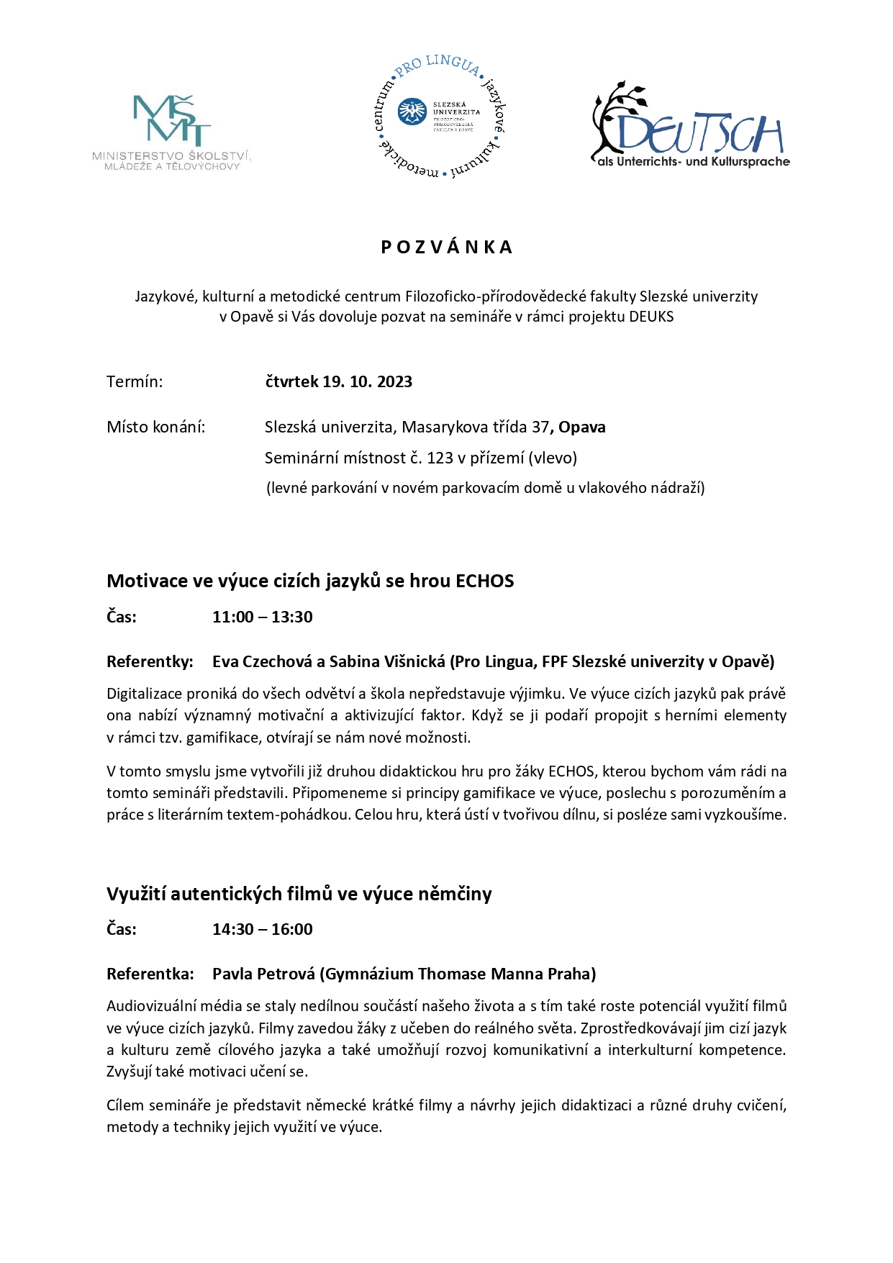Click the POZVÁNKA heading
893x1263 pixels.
pyautogui.click(x=446, y=248)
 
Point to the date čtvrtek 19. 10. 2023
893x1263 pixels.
pyautogui.click(x=338, y=382)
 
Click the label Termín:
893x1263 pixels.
pyautogui.click(x=135, y=382)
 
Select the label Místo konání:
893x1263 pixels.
pyautogui.click(x=155, y=427)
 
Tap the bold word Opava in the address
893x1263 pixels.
pyautogui.click(x=582, y=427)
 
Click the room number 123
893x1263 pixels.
pyautogui.click(x=440, y=458)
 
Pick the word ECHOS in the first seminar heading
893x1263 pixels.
pyautogui.click(x=485, y=581)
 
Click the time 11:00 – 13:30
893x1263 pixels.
pyautogui.click(x=262, y=617)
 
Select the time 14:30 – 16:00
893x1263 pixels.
pyautogui.click(x=262, y=930)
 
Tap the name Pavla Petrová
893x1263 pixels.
pyautogui.click(x=263, y=974)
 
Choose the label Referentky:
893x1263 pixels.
pyautogui.click(x=150, y=662)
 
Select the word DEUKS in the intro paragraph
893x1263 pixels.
pyautogui.click(x=651, y=317)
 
